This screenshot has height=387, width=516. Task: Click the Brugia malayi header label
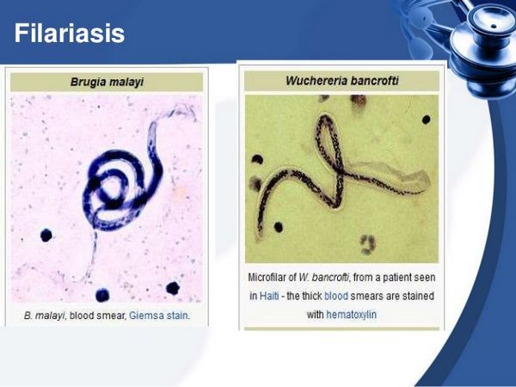[x=106, y=83]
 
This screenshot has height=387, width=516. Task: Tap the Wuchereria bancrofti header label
[x=341, y=81]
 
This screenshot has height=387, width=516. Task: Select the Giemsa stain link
[x=157, y=316]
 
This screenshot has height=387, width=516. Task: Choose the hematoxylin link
[x=351, y=315]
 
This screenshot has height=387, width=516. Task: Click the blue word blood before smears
[x=336, y=296]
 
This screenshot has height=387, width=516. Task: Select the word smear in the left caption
[x=109, y=316]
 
